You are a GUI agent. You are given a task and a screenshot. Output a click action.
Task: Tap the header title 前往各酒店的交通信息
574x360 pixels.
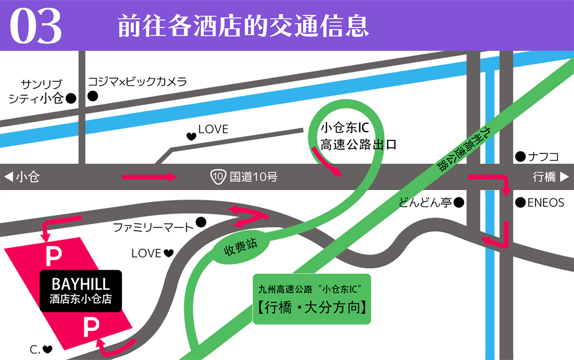tap(243, 26)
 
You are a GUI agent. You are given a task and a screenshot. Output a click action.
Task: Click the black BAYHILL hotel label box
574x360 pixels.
tap(81, 291)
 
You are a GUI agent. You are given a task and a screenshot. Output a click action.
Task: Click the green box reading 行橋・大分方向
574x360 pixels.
tap(312, 299)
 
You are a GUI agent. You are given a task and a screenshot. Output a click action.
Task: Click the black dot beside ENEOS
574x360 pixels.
tap(520, 202)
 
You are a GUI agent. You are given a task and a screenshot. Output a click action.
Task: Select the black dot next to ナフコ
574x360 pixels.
tap(520, 156)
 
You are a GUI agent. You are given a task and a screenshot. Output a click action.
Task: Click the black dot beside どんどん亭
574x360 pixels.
tap(459, 202)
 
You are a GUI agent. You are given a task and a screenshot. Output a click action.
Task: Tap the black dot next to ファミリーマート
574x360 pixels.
tap(200, 222)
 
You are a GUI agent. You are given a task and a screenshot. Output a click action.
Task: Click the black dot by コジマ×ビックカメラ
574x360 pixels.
tap(93, 96)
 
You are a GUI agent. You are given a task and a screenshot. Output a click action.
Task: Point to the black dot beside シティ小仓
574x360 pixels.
tap(71, 98)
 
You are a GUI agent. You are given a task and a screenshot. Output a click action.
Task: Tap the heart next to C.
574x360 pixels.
tap(47, 349)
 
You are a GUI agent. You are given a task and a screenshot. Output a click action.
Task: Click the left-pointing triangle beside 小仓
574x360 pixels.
tap(8, 177)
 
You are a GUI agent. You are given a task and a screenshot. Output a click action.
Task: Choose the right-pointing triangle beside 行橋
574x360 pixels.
tap(564, 177)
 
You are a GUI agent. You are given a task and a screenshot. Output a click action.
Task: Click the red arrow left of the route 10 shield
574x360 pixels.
tap(149, 177)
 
